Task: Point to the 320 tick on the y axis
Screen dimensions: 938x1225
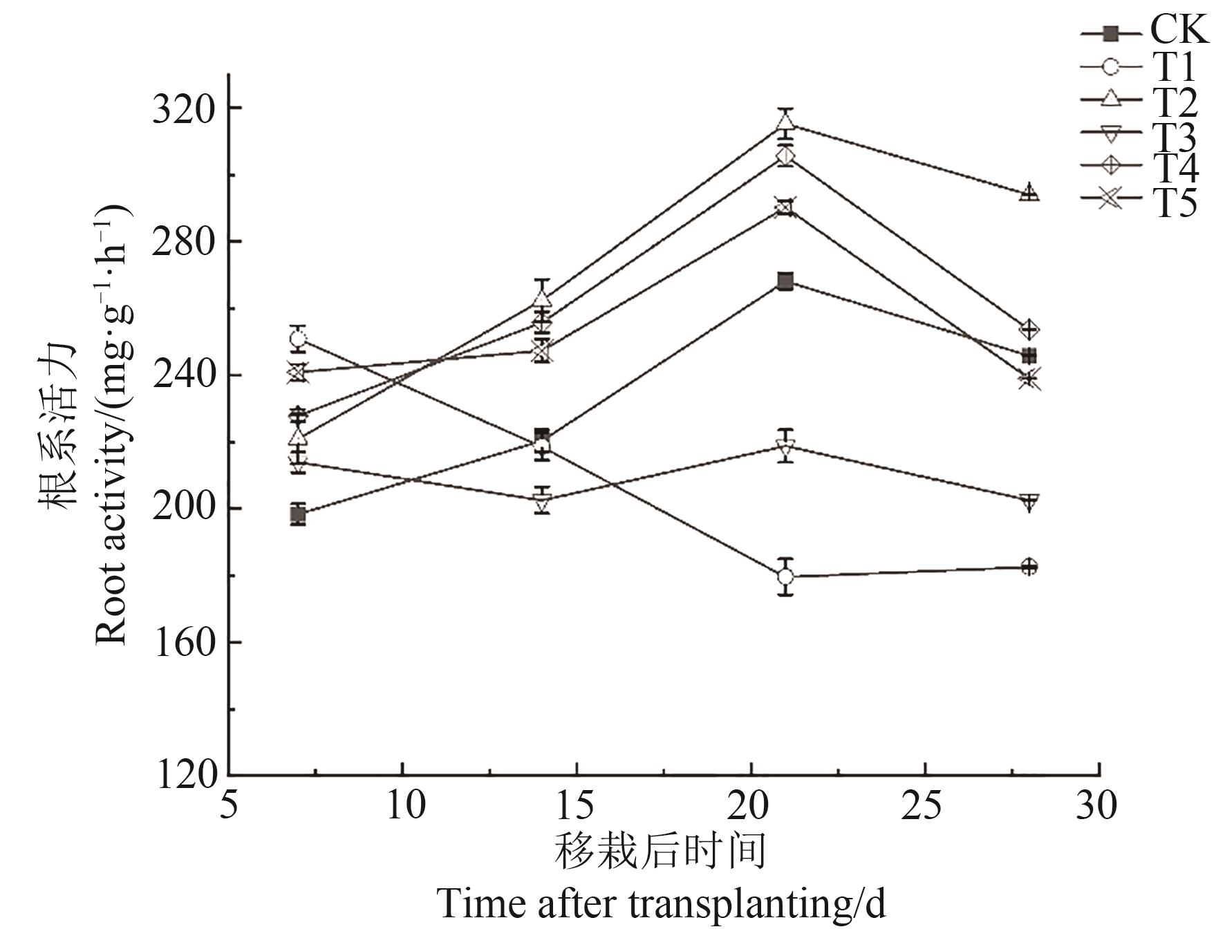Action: [x=185, y=109]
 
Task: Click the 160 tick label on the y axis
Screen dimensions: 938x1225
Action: [x=185, y=643]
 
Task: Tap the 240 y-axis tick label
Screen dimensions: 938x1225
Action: [x=185, y=376]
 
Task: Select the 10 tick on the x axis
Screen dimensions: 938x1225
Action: [x=403, y=806]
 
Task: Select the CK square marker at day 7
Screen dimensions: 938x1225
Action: [x=298, y=515]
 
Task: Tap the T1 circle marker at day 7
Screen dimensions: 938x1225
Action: [x=298, y=339]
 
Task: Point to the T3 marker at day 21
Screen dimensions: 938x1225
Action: [x=785, y=447]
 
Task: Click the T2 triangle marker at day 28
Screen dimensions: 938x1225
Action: [x=1029, y=192]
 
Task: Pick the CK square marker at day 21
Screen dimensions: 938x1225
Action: [x=785, y=281]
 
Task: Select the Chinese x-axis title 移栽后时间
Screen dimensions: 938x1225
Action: [x=660, y=851]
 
